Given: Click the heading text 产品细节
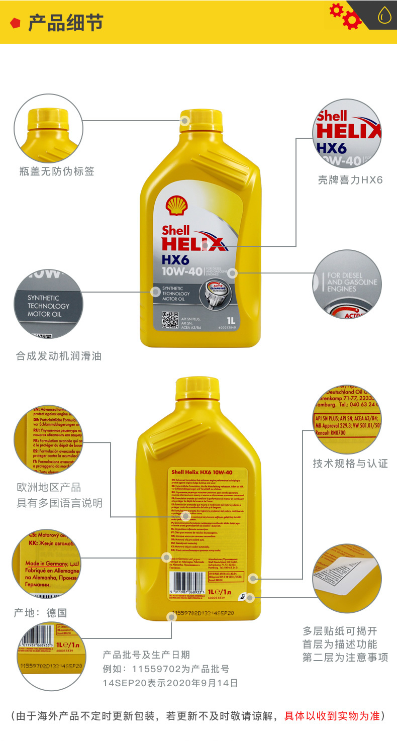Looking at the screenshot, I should [x=65, y=23].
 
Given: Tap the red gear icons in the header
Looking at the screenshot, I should [x=346, y=16].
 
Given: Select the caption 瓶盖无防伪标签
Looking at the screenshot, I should [x=57, y=171].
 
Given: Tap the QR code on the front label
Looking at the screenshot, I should [x=170, y=320].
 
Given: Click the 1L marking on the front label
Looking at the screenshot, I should [x=232, y=320].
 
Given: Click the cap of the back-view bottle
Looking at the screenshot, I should [x=197, y=389].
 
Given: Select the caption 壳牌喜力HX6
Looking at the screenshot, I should [x=350, y=179].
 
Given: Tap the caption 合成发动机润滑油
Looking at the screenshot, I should [x=59, y=356].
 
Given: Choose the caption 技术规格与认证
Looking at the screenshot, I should [x=350, y=463].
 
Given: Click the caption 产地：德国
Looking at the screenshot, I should [x=40, y=613].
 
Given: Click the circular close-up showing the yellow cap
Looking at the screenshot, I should [x=48, y=128].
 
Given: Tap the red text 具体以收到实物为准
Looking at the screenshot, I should [x=332, y=716].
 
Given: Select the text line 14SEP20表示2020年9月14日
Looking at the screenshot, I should [x=170, y=683].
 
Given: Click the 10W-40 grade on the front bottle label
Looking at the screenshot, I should [x=181, y=272].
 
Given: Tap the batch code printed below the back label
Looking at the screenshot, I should [x=203, y=614].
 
